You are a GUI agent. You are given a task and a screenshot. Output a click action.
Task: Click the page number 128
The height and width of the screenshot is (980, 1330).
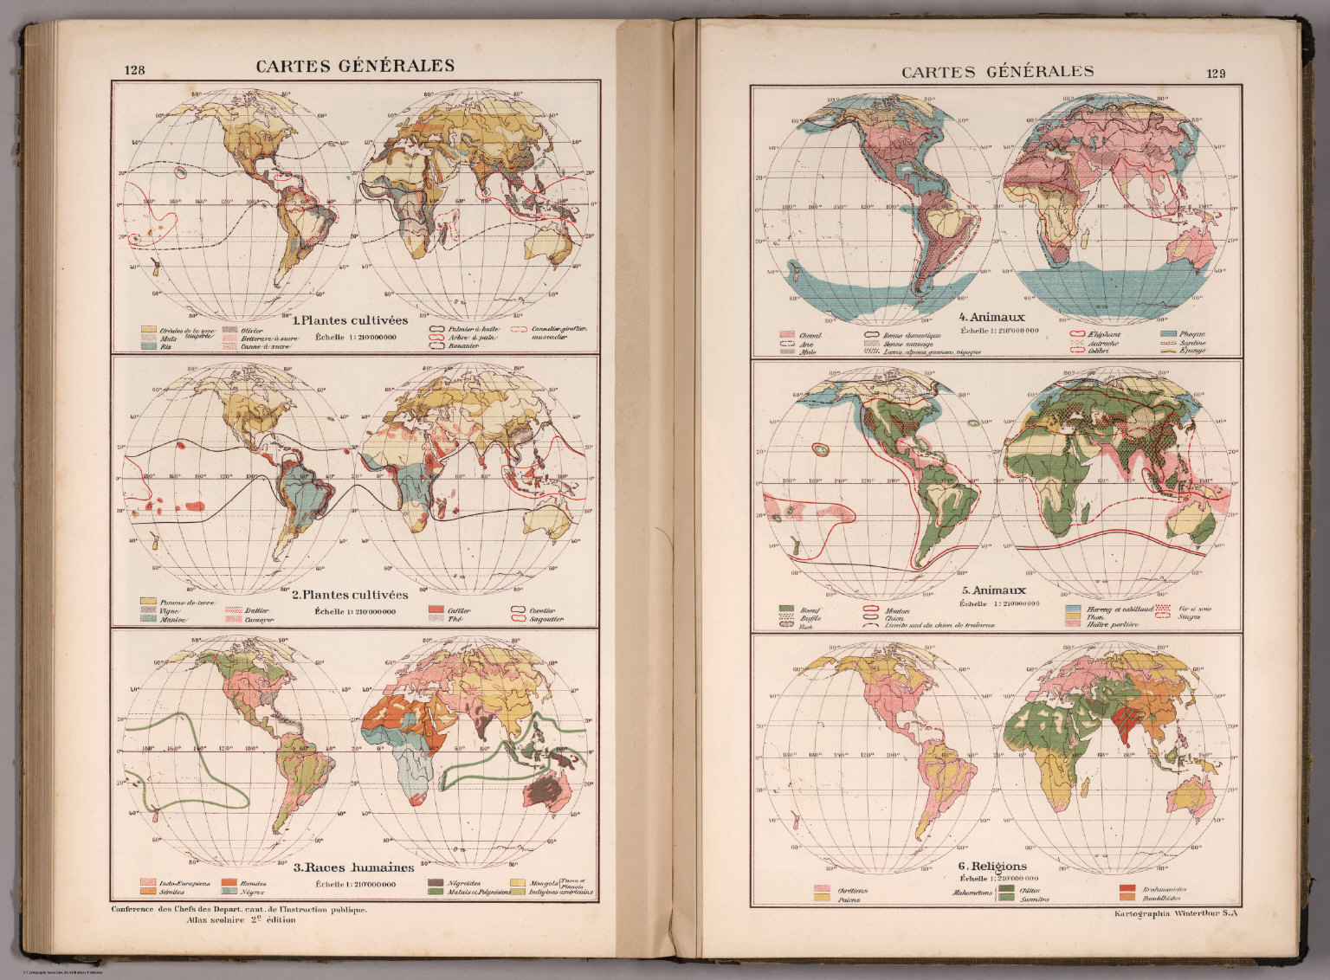[x=134, y=72]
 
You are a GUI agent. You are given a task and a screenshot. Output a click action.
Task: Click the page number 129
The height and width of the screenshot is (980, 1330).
[x=1216, y=74]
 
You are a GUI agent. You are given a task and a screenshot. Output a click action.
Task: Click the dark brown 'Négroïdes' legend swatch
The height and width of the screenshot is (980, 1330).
[x=436, y=883]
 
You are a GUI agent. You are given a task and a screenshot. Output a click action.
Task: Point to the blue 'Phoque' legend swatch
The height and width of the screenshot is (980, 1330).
[x=1168, y=333]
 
